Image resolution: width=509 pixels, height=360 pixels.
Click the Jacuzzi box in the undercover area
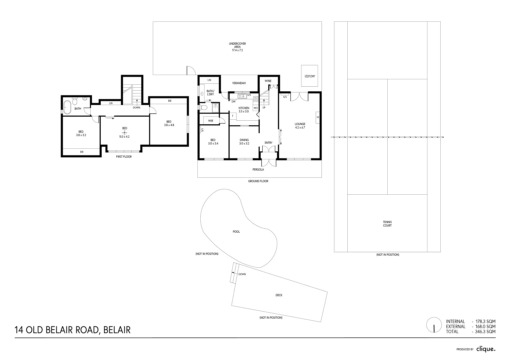click(x=309, y=76)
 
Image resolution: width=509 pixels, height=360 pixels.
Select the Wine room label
click(x=268, y=81)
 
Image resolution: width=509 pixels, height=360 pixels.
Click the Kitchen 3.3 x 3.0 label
click(x=244, y=110)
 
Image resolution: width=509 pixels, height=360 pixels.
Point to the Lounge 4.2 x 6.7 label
click(x=300, y=126)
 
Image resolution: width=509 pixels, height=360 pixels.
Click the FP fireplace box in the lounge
click(x=318, y=117)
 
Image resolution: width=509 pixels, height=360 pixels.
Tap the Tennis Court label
click(x=387, y=224)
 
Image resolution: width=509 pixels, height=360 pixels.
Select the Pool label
click(x=236, y=232)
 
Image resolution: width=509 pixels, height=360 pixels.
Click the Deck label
click(x=279, y=295)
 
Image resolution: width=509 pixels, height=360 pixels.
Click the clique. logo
click(x=486, y=349)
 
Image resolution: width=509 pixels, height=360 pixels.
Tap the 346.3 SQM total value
click(x=485, y=332)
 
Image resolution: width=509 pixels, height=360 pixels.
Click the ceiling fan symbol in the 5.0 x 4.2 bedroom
click(x=125, y=133)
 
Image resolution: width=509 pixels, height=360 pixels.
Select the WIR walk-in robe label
click(x=210, y=121)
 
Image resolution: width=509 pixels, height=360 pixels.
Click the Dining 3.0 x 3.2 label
click(x=244, y=142)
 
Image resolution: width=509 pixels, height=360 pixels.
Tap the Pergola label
click(x=258, y=169)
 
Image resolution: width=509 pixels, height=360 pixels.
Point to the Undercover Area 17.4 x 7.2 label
click(x=237, y=47)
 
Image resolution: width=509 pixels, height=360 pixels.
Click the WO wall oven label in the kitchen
click(x=256, y=108)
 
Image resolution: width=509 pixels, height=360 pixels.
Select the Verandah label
click(x=239, y=83)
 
